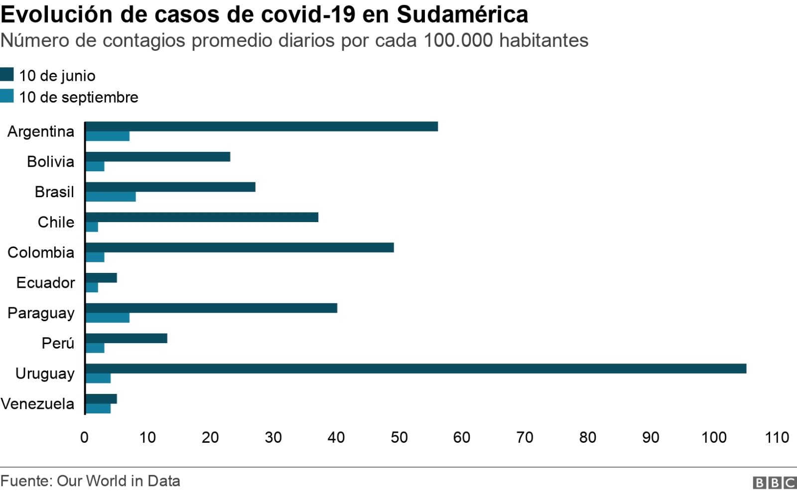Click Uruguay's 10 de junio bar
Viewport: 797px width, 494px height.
click(x=416, y=369)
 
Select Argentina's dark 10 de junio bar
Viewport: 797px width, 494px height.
click(x=262, y=126)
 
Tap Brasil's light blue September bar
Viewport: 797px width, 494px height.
click(x=111, y=197)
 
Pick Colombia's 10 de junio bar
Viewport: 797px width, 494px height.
click(x=240, y=247)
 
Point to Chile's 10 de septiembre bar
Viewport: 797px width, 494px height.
click(x=92, y=227)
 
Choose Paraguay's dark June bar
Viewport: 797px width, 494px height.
click(x=211, y=308)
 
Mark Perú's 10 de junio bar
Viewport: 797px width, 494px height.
click(x=127, y=338)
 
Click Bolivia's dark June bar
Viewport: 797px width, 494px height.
click(x=158, y=157)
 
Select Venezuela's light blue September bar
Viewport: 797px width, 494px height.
click(x=98, y=409)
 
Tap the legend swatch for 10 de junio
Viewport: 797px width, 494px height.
click(x=7, y=75)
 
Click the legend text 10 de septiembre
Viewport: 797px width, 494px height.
click(x=79, y=97)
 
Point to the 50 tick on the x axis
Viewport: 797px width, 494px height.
click(x=399, y=437)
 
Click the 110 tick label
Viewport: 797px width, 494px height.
click(x=777, y=437)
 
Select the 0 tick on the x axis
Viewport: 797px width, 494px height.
click(x=85, y=437)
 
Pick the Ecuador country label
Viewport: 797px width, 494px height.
click(x=45, y=282)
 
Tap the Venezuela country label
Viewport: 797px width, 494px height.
click(x=37, y=403)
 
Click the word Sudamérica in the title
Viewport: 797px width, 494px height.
click(x=462, y=14)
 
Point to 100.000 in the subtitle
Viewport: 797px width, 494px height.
click(x=458, y=40)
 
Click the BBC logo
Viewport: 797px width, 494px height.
click(x=774, y=482)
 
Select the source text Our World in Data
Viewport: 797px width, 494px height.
click(x=119, y=481)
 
